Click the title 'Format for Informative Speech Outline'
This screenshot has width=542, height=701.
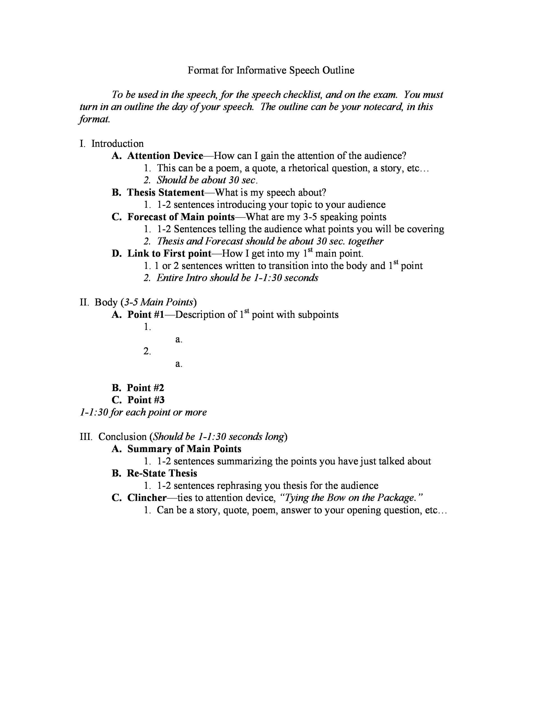tap(271, 70)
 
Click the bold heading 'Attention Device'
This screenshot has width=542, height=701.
tap(165, 156)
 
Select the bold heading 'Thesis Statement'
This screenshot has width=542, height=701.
tap(166, 193)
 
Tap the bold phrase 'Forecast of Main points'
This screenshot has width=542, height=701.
tap(181, 217)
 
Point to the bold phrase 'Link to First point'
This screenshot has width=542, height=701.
tap(169, 254)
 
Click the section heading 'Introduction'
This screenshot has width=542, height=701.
tap(118, 144)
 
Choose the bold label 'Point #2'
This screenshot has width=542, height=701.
tap(145, 388)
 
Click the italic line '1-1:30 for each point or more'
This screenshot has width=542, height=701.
tap(143, 412)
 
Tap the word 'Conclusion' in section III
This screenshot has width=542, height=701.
tap(122, 437)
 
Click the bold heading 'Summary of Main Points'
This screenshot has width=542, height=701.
tap(184, 449)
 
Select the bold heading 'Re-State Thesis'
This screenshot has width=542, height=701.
tap(162, 473)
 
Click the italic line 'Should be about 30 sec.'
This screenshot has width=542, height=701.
tap(207, 180)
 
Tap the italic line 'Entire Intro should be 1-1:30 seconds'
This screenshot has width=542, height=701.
tap(237, 278)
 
